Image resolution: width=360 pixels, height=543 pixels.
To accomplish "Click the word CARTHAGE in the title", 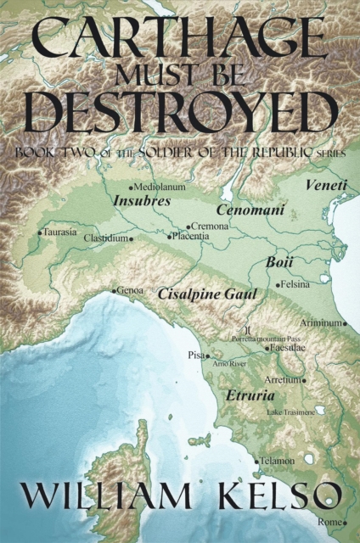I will click(x=179, y=37).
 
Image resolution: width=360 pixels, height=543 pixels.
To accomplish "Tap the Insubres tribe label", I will click(x=142, y=202).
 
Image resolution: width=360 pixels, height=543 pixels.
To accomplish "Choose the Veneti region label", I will click(x=325, y=184).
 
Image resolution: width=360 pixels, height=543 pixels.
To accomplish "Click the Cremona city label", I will click(x=211, y=227).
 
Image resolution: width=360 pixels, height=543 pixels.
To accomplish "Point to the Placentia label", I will click(x=191, y=236).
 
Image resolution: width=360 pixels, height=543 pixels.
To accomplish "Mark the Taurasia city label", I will click(x=59, y=231).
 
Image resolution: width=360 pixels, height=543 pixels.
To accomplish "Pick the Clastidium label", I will click(x=107, y=239).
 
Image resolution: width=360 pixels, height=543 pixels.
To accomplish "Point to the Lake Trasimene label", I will click(x=290, y=411).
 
